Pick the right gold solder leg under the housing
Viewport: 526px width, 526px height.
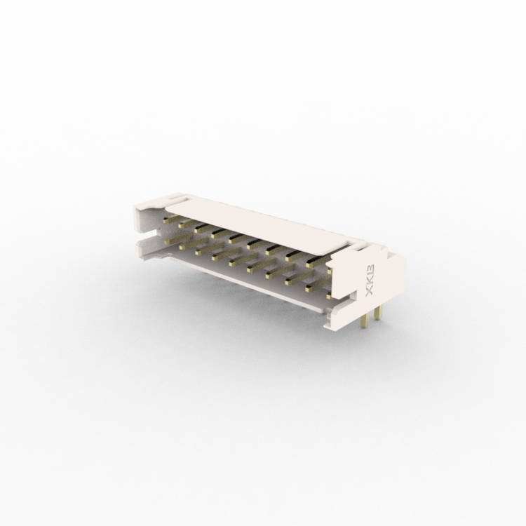[x=377, y=313]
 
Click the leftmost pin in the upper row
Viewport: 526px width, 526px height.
[x=170, y=220]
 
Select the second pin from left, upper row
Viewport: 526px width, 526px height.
[x=186, y=224]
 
